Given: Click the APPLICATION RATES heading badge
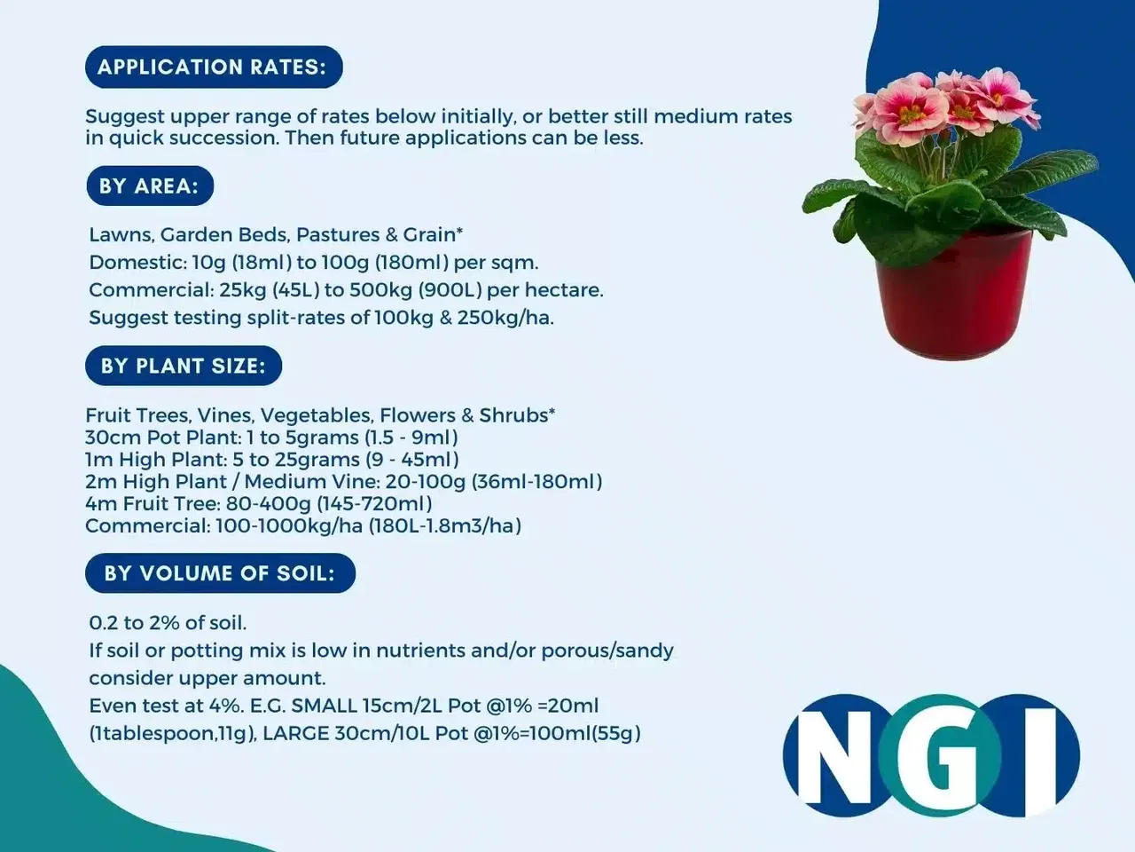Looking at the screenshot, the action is click(214, 67).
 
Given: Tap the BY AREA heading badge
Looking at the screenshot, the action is click(150, 185).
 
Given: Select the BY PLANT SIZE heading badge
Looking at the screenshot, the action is click(184, 366).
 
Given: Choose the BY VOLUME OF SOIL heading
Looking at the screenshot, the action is click(220, 573).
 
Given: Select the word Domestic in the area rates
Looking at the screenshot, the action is click(137, 263).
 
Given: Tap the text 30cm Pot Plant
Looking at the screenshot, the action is click(163, 438).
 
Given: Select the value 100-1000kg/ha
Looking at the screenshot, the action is click(289, 525).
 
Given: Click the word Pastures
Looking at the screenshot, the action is click(338, 235).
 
